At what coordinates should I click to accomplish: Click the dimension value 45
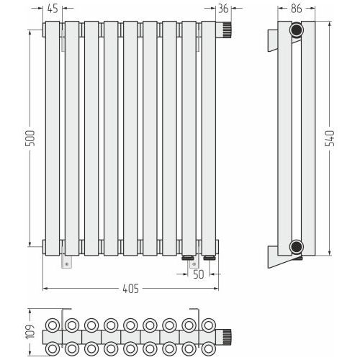click(x=53, y=9)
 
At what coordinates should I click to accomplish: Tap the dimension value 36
click(x=223, y=9)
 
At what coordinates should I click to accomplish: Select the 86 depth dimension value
click(x=296, y=9)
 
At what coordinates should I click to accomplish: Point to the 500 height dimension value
click(x=30, y=138)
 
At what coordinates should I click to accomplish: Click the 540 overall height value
click(x=329, y=138)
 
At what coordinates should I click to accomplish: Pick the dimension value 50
click(x=199, y=274)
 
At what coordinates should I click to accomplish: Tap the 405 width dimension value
click(x=131, y=289)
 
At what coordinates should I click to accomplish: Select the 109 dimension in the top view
click(x=30, y=332)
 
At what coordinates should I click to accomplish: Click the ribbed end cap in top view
click(x=224, y=336)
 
